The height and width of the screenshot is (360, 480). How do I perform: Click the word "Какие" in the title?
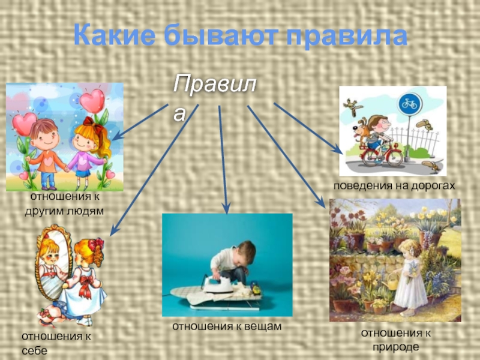(x=115, y=36)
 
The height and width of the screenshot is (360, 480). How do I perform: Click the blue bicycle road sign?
(x=410, y=104)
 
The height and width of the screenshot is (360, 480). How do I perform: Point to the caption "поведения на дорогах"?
(x=394, y=185)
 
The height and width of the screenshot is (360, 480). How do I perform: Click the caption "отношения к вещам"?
(x=227, y=326)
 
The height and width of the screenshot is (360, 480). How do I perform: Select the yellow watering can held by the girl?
(x=391, y=281)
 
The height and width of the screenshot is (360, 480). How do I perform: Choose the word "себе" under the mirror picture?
(x=35, y=351)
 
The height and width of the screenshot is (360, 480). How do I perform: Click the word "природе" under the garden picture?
(x=395, y=347)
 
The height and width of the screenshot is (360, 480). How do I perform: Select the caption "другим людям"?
(x=64, y=211)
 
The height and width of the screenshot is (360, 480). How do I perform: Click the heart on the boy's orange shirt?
(x=48, y=161)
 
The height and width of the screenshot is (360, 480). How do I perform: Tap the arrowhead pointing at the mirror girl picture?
(x=113, y=230)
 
